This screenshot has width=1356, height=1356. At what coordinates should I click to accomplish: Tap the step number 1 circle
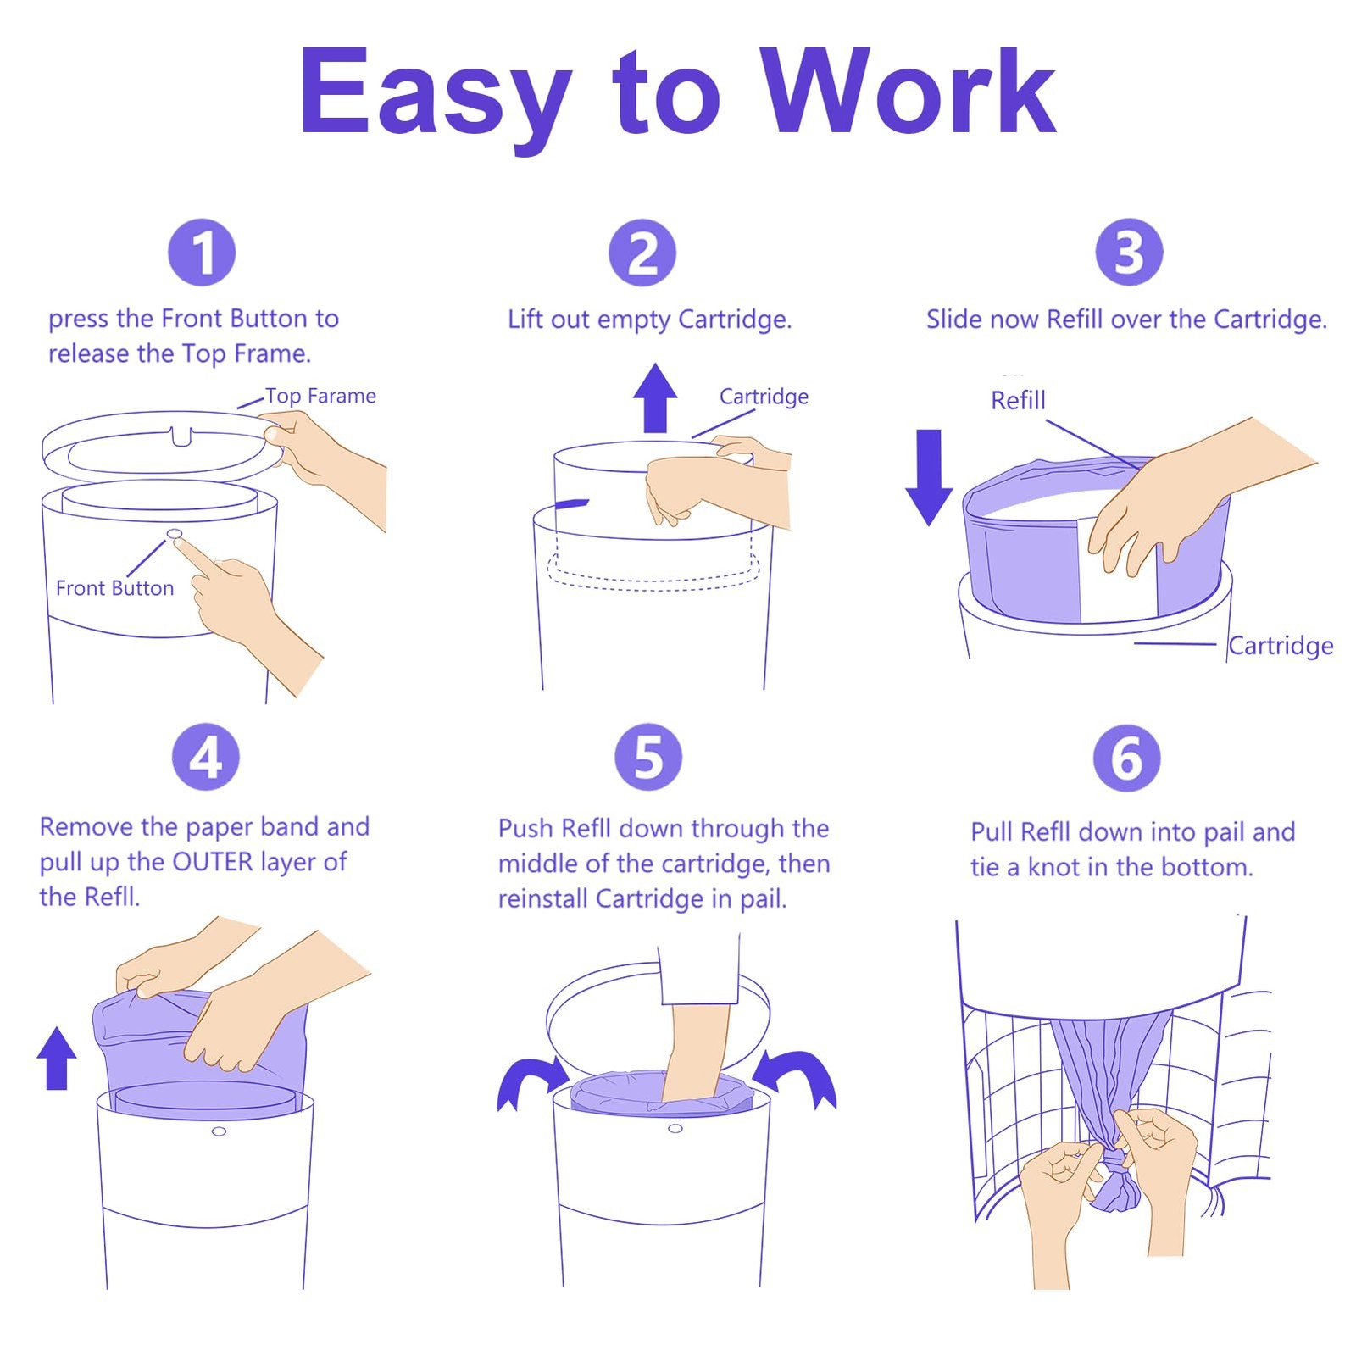pos(202,253)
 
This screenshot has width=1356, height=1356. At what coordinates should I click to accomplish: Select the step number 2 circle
pos(642,253)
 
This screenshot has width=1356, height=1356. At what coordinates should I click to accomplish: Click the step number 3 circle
pos(1129,253)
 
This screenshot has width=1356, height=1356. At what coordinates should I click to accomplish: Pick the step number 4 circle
pos(205,757)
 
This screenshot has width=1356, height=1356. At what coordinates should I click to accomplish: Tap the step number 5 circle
pos(648,757)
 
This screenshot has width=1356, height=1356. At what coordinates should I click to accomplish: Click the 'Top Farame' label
pos(320,396)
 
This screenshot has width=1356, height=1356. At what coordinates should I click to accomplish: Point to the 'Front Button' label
pos(114,588)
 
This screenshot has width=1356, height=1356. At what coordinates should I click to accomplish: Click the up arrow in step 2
pos(655,397)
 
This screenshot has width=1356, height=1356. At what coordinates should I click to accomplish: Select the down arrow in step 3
pos(929,477)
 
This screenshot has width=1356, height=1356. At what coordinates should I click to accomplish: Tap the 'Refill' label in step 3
pos(1018,400)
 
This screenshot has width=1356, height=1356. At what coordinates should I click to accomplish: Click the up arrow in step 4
pos(57,1058)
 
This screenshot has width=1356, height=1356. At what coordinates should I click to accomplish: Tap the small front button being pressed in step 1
pos(175,533)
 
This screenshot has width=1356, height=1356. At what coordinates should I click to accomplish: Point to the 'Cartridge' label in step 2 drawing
pos(764,397)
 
